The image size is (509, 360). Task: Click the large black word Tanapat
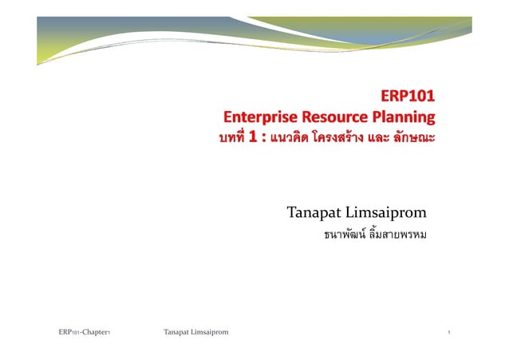(316, 213)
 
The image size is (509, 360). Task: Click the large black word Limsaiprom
(389, 213)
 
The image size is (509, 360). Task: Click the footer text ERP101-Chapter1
(84, 330)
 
